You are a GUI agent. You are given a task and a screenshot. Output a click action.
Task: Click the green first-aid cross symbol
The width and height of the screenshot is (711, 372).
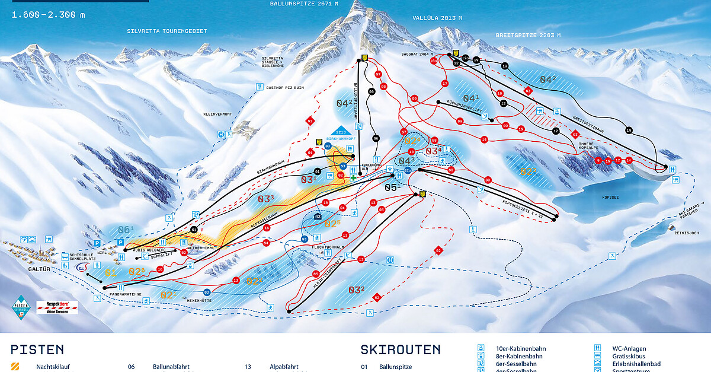point(353,176)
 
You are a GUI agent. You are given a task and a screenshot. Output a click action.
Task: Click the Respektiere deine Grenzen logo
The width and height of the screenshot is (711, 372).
point(57,307)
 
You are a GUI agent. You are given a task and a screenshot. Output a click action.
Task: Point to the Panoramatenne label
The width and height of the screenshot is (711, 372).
point(126,293)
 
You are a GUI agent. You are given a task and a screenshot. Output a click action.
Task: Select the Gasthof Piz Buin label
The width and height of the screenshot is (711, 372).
point(284,87)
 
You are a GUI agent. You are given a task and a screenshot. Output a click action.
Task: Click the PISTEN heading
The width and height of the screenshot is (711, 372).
point(37,349)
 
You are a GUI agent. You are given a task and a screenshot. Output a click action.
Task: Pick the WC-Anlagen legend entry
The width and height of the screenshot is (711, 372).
point(629,348)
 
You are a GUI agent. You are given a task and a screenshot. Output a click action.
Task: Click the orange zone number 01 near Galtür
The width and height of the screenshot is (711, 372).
point(110,273)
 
